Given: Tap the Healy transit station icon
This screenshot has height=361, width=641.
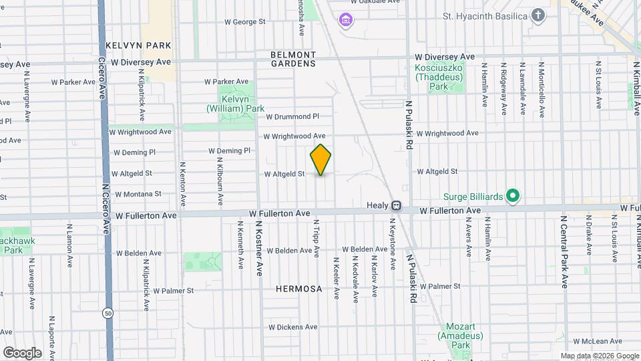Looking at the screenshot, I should pyautogui.click(x=396, y=205).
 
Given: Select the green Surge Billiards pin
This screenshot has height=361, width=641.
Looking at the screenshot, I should pyautogui.click(x=512, y=196).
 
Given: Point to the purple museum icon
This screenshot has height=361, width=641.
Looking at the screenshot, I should pyautogui.click(x=345, y=20).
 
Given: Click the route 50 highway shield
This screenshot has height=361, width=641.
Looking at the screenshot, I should pyautogui.click(x=108, y=313).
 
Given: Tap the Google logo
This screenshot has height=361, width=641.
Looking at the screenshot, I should pyautogui.click(x=21, y=352).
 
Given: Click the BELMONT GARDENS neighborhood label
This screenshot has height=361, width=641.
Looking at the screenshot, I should pyautogui.click(x=292, y=59).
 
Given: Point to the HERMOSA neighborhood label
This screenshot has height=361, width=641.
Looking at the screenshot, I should pyautogui.click(x=298, y=289).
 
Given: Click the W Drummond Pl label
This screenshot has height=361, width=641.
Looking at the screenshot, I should pyautogui.click(x=292, y=116).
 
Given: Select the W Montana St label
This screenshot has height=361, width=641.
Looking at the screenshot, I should pyautogui.click(x=138, y=194).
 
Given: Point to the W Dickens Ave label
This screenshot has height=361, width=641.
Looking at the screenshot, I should pyautogui.click(x=293, y=328).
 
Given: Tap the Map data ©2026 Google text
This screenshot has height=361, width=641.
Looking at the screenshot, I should pyautogui.click(x=599, y=356).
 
